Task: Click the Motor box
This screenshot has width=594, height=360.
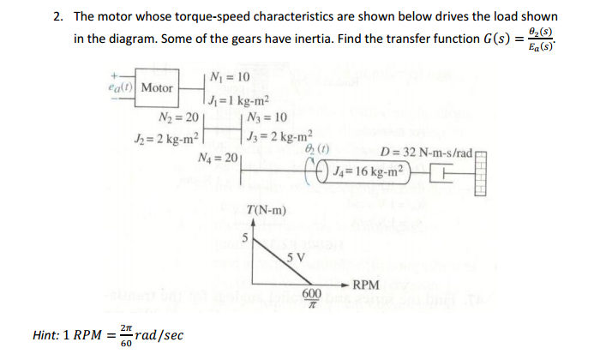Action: pyautogui.click(x=157, y=88)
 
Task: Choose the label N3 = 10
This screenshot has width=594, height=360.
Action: pyautogui.click(x=267, y=117)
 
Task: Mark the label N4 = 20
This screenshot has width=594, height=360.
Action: pyautogui.click(x=218, y=157)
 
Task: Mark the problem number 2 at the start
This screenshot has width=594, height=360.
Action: pyautogui.click(x=56, y=17)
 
